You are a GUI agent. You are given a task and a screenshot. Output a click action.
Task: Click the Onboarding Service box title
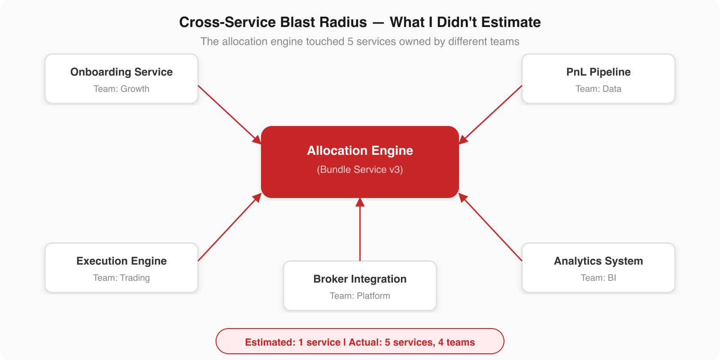[121, 72]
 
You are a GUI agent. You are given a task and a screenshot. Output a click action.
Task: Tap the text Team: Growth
[121, 89]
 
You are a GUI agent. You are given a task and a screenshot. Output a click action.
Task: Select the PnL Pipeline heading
[598, 72]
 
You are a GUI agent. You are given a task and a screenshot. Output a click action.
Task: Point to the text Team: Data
[598, 89]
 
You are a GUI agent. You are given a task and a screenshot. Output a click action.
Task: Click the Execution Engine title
[121, 261]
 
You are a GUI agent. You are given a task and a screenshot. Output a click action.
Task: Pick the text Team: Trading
[121, 278]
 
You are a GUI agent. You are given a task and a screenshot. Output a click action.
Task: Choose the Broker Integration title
[360, 279]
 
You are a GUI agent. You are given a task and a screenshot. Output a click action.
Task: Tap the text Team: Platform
[360, 296]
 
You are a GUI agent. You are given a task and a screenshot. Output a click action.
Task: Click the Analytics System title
[598, 261]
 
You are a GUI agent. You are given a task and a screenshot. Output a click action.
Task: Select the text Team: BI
[598, 278]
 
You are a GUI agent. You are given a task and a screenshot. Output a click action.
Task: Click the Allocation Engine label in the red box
[360, 150]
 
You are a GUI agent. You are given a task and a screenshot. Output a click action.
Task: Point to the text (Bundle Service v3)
[360, 170]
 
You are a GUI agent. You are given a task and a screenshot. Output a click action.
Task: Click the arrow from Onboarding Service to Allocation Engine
[229, 115]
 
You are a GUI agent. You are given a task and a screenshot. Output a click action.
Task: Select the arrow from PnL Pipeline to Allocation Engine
[490, 115]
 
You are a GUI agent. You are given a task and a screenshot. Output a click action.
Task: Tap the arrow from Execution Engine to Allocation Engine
[229, 227]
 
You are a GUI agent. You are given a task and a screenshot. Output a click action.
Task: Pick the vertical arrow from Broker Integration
[360, 229]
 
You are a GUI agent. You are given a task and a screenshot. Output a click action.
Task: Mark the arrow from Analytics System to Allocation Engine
[490, 227]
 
